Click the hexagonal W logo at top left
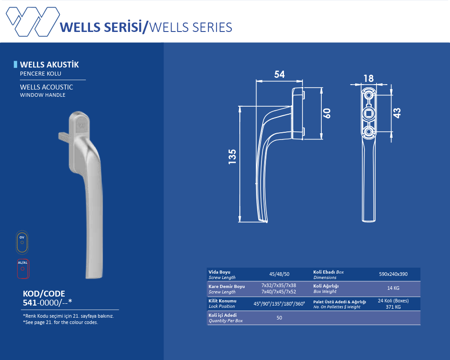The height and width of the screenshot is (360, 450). (33, 22)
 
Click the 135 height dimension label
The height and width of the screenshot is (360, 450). (232, 157)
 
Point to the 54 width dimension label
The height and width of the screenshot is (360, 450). (279, 74)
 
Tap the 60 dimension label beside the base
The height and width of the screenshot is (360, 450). (327, 113)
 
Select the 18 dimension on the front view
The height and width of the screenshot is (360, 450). (369, 78)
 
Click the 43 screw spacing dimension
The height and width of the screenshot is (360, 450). (397, 113)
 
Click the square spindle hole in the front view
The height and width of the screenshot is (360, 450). (369, 114)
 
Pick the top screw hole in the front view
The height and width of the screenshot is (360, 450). (369, 95)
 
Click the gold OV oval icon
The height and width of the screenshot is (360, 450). (22, 242)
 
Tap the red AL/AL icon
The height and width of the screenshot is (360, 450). (22, 269)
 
